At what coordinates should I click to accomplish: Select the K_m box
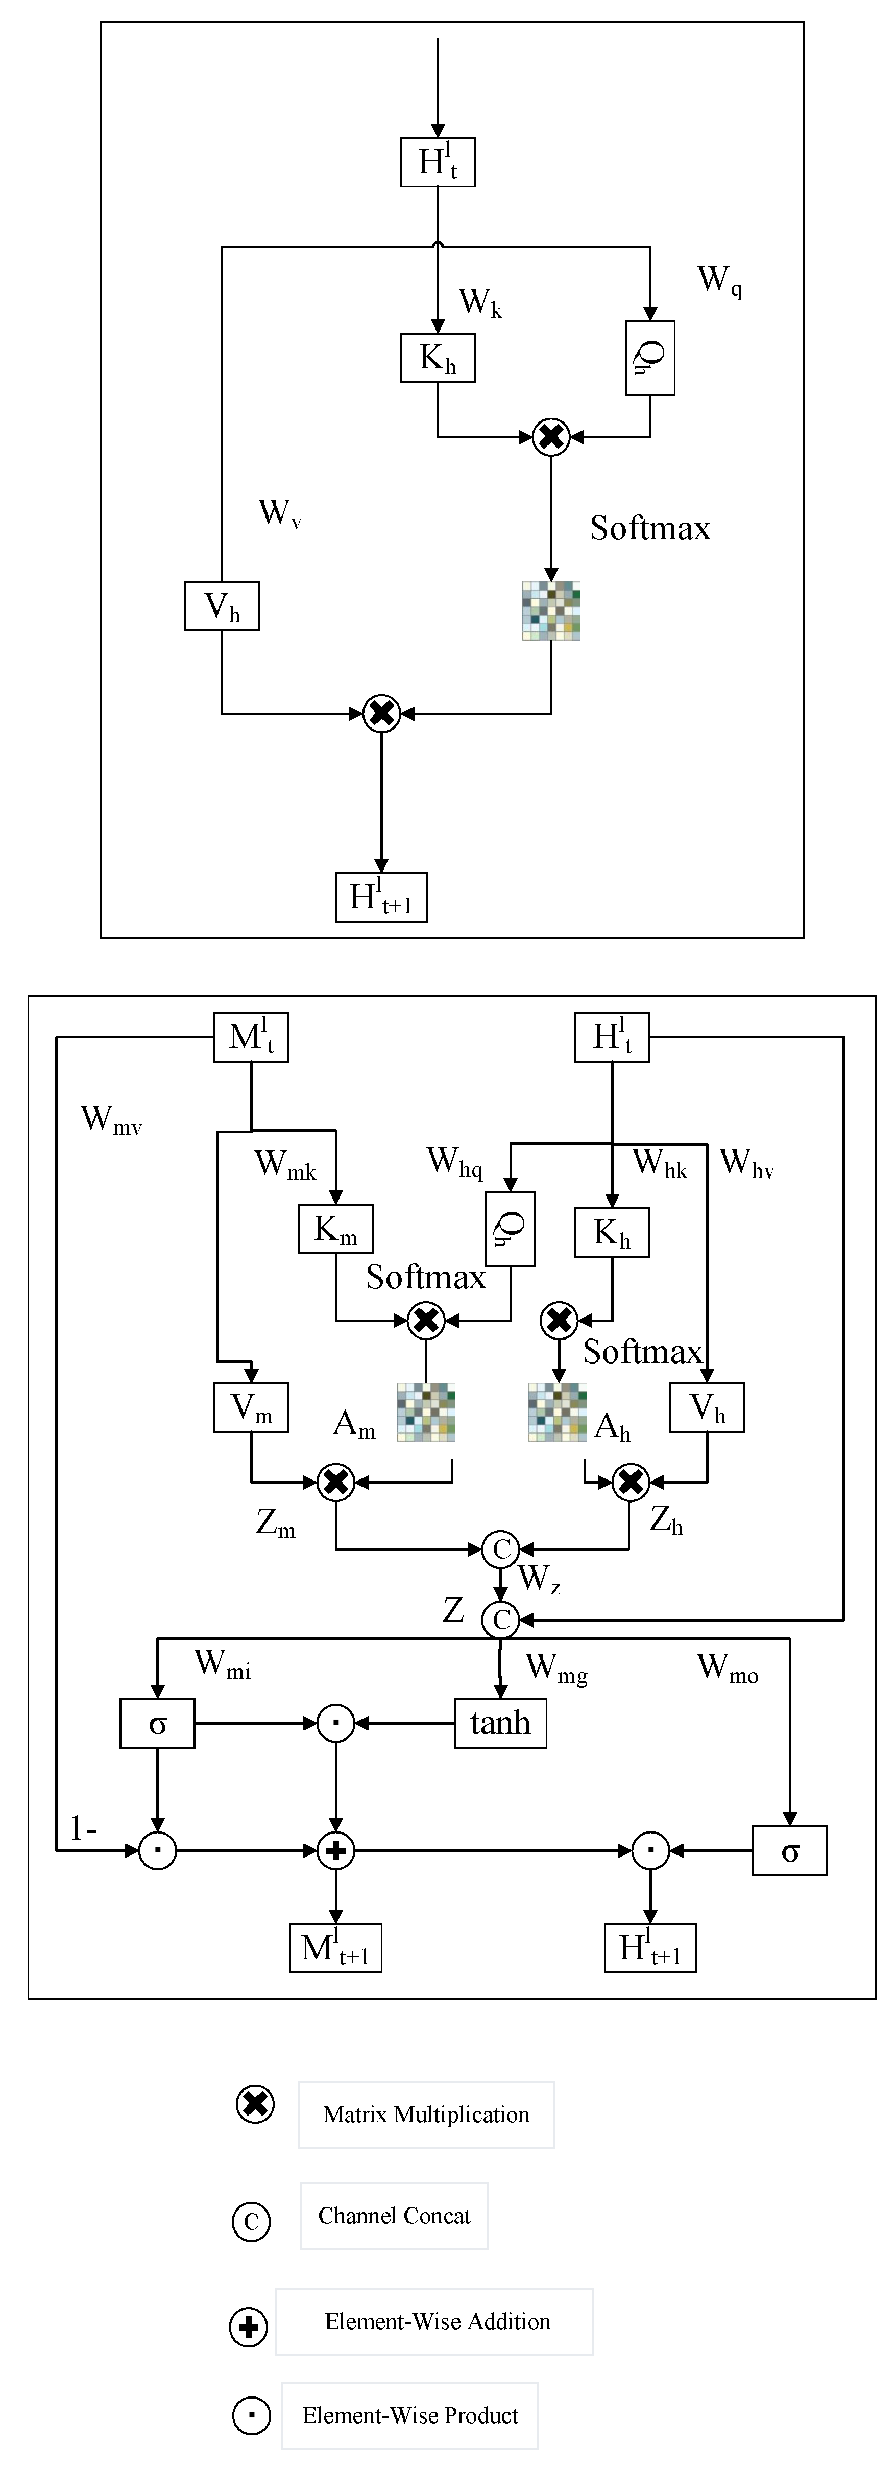[x=335, y=1230]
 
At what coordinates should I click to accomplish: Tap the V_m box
[x=251, y=1408]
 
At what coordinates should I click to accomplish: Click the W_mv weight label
[x=111, y=1119]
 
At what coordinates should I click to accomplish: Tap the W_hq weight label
[x=455, y=1162]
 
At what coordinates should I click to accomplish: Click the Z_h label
[x=666, y=1520]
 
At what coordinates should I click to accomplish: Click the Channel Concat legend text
[x=394, y=2216]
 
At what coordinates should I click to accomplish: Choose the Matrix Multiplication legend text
[x=426, y=2114]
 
